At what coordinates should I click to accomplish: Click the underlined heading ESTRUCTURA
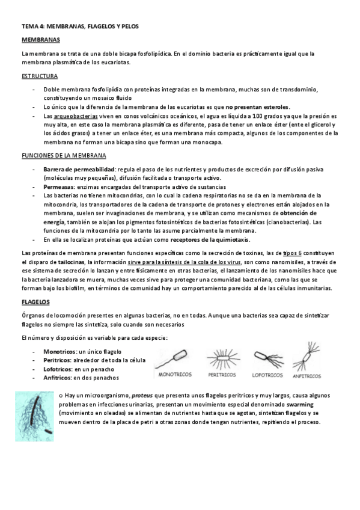(39, 76)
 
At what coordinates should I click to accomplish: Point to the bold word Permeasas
(59, 186)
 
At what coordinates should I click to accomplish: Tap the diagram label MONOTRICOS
(175, 373)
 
